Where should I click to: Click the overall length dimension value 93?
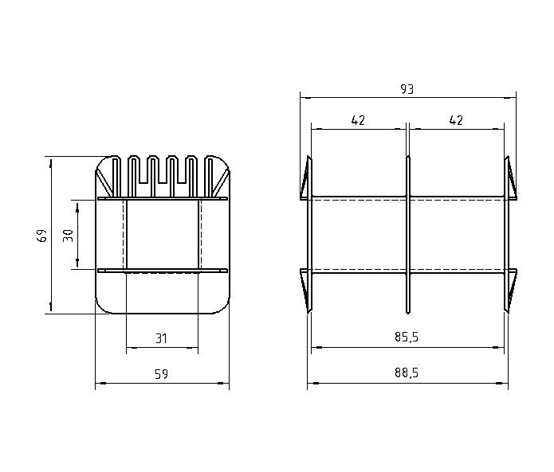(x=407, y=89)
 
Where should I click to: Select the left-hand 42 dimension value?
(x=358, y=120)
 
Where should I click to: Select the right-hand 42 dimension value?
(x=456, y=120)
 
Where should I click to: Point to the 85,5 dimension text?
(x=407, y=337)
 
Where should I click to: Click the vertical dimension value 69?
(x=42, y=235)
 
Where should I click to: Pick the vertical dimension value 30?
(x=69, y=236)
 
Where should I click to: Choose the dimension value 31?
(x=162, y=338)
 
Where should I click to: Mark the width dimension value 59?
(x=162, y=374)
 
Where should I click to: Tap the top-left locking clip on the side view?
(x=305, y=178)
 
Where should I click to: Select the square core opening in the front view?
(x=162, y=236)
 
